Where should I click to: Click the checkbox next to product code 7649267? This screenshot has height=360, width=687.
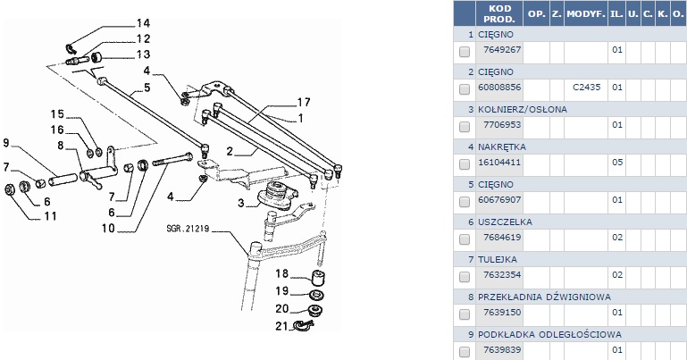[x=465, y=52]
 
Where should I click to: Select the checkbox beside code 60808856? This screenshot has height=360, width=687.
[x=465, y=89]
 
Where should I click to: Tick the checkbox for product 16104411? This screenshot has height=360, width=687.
[x=465, y=164]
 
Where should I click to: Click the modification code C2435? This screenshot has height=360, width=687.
[x=585, y=88]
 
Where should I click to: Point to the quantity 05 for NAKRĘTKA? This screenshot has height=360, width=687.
[x=616, y=163]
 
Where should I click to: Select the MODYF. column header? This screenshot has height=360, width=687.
[x=585, y=14]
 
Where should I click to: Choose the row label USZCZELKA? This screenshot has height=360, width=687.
[x=505, y=222]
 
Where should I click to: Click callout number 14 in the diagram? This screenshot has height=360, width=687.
[x=143, y=22]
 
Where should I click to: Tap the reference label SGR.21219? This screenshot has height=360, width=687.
[x=186, y=228]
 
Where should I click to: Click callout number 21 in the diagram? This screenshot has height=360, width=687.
[x=280, y=324]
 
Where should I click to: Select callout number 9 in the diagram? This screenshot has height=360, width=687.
[x=6, y=143]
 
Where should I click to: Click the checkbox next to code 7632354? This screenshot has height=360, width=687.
[x=465, y=276]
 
